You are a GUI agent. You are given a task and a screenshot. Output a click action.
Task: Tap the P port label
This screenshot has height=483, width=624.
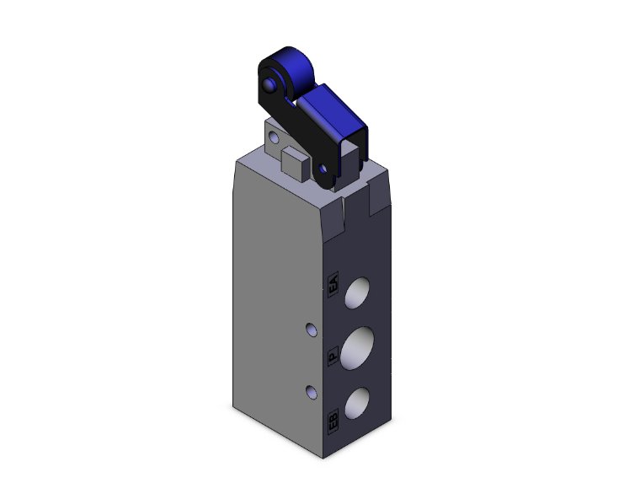(333, 357)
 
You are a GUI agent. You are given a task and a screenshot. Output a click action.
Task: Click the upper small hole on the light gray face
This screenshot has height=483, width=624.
(311, 327)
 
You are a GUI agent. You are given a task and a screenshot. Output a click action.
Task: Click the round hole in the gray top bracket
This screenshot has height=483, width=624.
(274, 136)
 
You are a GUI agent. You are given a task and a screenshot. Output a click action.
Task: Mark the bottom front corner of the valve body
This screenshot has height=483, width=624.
(323, 458)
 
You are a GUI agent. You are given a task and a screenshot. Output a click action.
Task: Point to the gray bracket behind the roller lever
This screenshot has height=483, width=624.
(274, 139)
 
